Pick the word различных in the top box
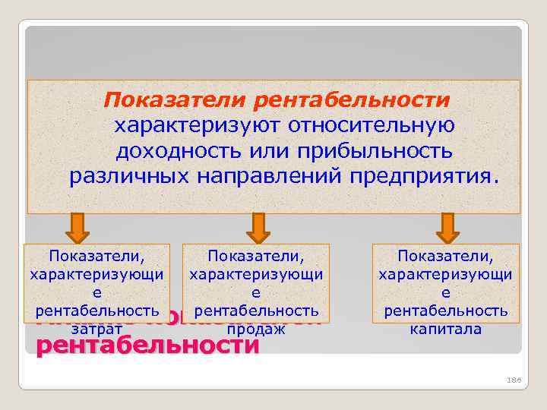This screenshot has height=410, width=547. tap(129, 177)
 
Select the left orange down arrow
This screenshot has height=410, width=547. tap(77, 227)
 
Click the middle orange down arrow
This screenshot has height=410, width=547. tap(258, 227)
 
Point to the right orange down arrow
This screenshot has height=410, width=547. tap(447, 227)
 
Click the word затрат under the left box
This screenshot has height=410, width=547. tap(96, 330)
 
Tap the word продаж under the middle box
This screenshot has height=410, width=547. tap(256, 330)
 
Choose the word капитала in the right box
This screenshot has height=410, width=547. tap(446, 330)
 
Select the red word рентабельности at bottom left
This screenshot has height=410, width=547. tap(147, 346)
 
